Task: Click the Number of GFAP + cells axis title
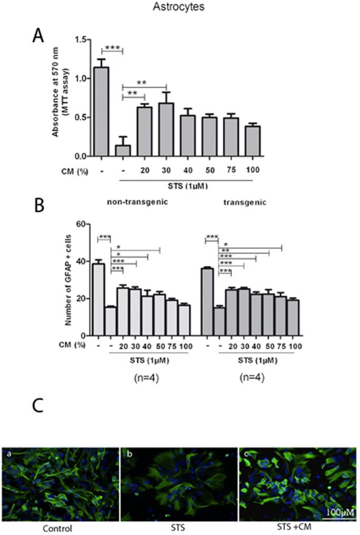click(x=68, y=279)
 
